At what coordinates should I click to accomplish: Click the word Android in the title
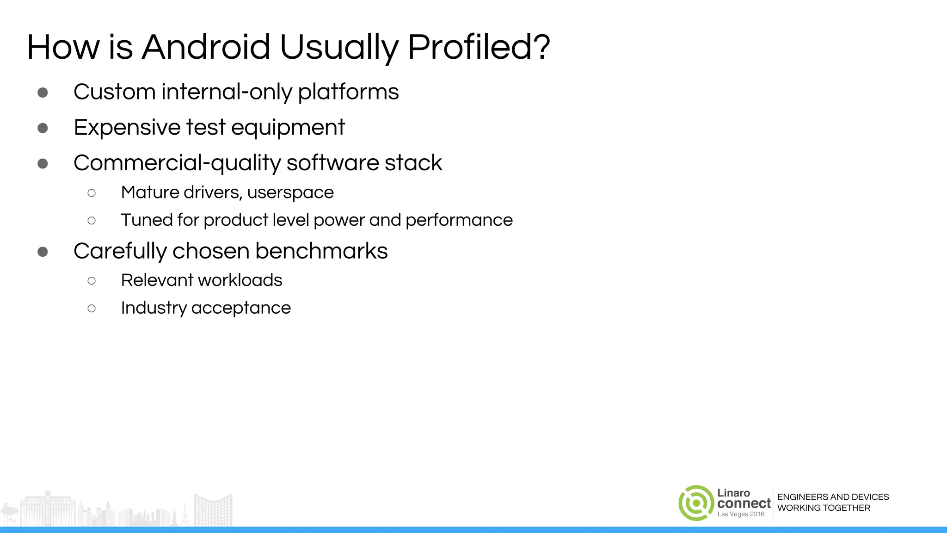(206, 47)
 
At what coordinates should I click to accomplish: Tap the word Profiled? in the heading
(479, 47)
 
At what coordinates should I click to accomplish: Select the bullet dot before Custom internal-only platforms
(43, 93)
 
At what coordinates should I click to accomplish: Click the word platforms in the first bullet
(348, 92)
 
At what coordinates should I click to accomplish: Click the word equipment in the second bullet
(288, 128)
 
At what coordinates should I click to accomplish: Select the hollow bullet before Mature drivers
(92, 193)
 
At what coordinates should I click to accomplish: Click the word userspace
(290, 192)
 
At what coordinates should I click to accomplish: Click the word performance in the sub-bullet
(459, 220)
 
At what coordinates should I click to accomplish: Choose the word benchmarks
(321, 251)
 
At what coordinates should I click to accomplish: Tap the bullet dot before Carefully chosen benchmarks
(43, 252)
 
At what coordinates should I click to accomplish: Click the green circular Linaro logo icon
(696, 503)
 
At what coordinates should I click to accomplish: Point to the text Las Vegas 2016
(741, 514)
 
